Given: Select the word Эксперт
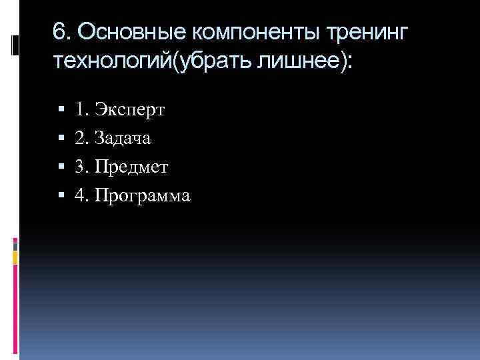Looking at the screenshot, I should [131, 109].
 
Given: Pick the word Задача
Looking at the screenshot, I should [123, 138].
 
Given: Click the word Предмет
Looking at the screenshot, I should [131, 167].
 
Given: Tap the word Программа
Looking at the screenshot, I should [143, 196].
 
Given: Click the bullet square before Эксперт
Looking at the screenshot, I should [61, 109].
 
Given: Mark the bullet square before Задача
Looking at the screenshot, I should [61, 138].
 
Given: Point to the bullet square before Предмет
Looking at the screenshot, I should [61, 167].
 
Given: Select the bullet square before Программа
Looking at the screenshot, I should [61, 195].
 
